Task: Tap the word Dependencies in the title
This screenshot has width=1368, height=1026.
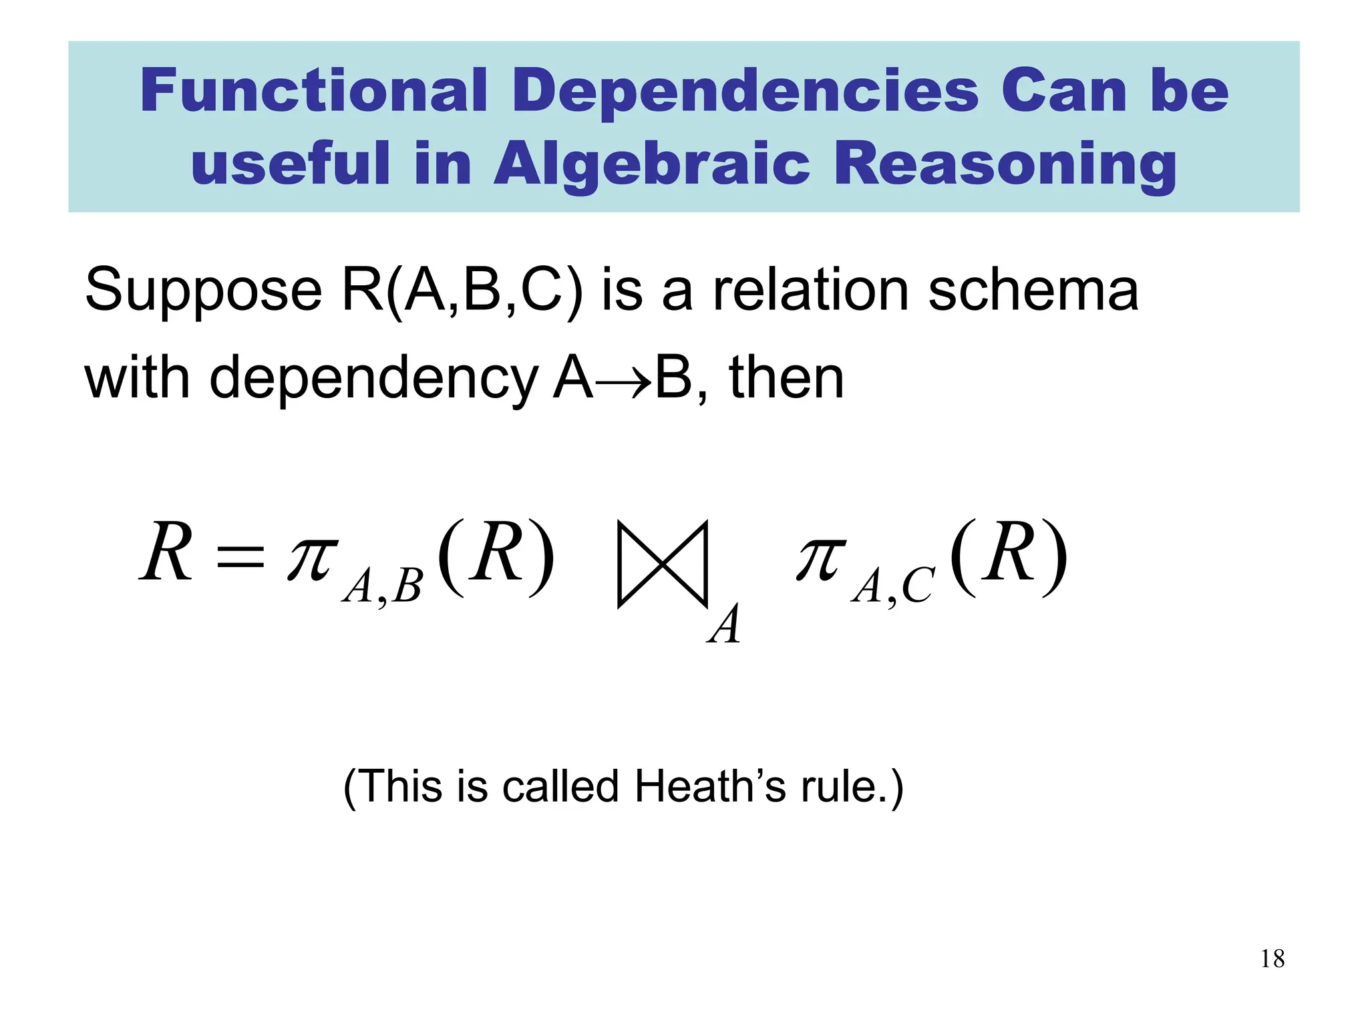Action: coord(745,92)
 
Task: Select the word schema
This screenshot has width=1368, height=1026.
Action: coord(1033,290)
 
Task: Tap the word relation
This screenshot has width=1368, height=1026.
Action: coord(812,290)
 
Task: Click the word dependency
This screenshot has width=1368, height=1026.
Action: coord(374,379)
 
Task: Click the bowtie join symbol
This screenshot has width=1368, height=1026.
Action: coord(662,564)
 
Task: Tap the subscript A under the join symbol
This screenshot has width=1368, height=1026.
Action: coord(725,625)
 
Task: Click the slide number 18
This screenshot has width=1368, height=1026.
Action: coord(1272,959)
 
